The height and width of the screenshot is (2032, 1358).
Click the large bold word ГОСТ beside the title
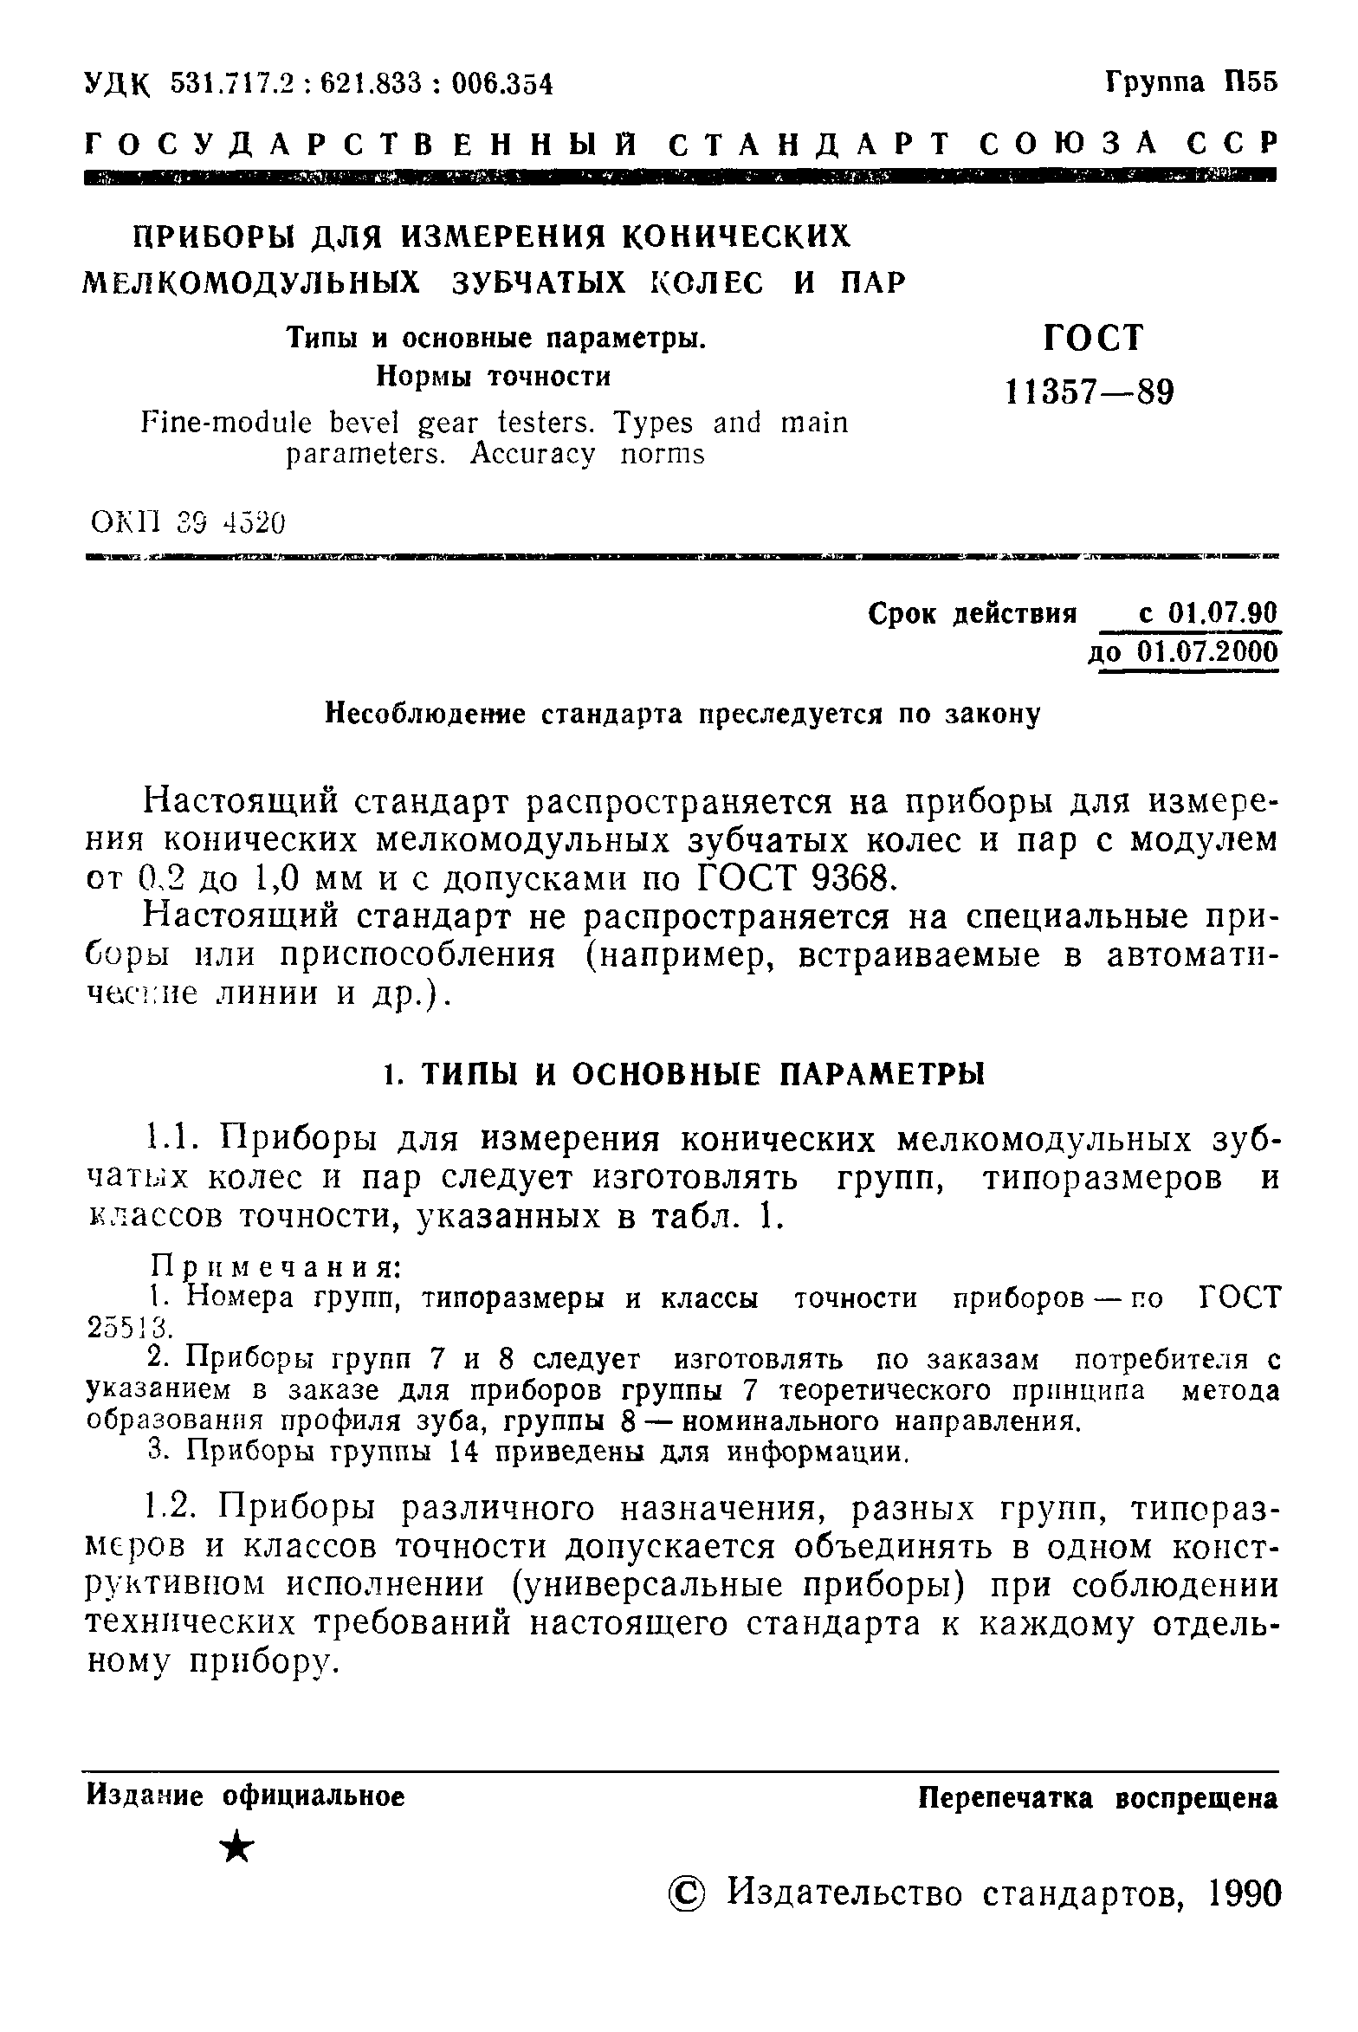tap(1094, 338)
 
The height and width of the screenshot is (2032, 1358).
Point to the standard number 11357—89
tap(1090, 393)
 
